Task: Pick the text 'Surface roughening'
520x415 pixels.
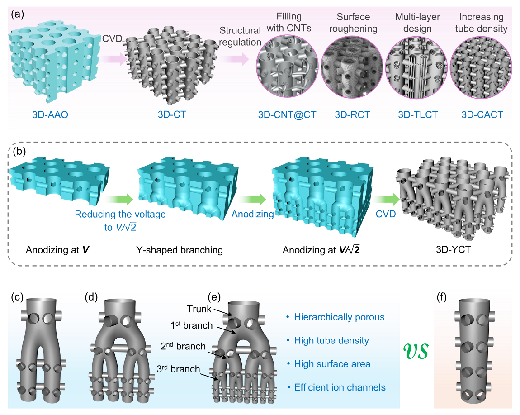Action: point(353,22)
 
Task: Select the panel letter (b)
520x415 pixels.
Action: point(19,152)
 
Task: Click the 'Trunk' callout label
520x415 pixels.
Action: point(200,308)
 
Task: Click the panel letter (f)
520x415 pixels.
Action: point(444,298)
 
